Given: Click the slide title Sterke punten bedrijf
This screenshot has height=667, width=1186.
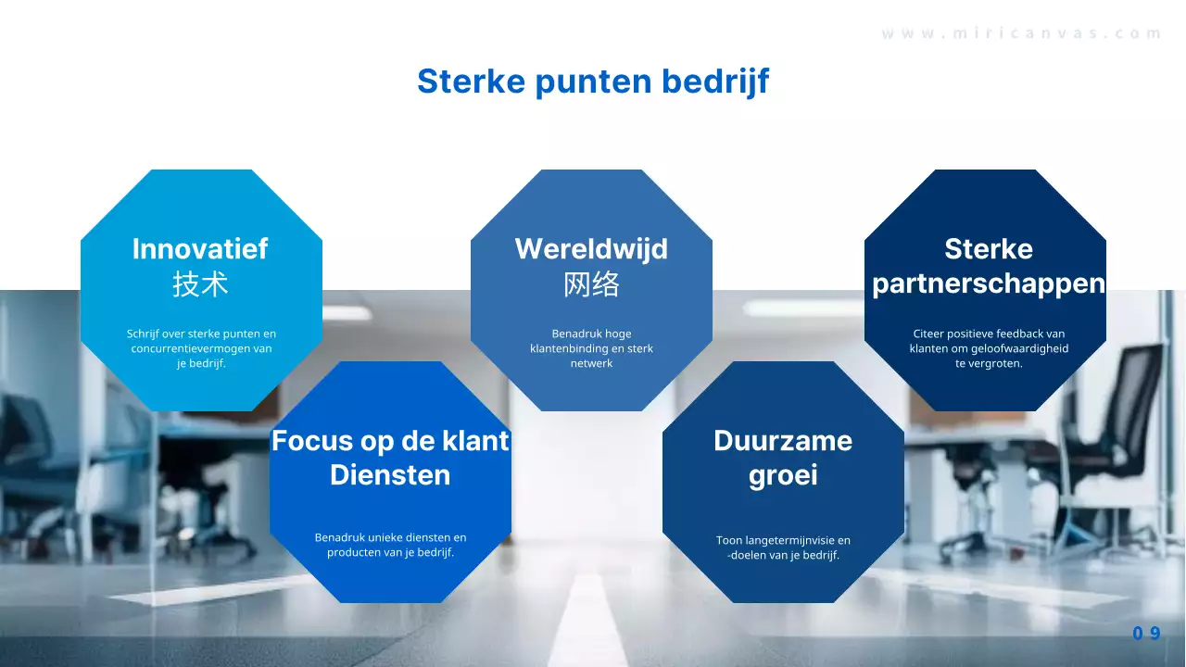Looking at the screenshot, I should [593, 82].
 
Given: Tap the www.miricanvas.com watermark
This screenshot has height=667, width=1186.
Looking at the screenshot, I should [1021, 33].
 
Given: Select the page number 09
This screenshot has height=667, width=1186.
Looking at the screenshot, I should [1146, 634].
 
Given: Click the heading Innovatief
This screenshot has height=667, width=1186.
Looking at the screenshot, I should [200, 248].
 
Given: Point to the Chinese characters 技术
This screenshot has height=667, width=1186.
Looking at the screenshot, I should [200, 284].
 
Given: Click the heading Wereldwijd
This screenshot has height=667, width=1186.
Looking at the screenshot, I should [591, 248].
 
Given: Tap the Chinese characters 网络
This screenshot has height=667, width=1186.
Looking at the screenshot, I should [591, 284].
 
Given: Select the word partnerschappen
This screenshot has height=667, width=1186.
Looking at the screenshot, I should [989, 283].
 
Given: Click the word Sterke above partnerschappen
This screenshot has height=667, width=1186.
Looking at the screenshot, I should [989, 248].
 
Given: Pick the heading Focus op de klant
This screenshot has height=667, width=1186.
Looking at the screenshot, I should [390, 440].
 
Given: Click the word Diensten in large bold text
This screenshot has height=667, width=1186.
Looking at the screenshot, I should [390, 475].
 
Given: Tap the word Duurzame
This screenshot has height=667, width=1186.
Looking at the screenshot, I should [783, 440].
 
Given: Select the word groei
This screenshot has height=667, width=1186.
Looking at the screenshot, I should [783, 476].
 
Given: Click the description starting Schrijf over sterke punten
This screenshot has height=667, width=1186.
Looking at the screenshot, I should [201, 348].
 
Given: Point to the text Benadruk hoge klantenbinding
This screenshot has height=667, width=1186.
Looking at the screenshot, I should [591, 348].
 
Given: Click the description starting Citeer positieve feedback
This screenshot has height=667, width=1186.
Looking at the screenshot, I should [989, 348].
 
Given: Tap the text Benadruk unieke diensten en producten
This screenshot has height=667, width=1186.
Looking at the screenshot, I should [390, 545].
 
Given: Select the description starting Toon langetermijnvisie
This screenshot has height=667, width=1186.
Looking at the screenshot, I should [783, 547].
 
